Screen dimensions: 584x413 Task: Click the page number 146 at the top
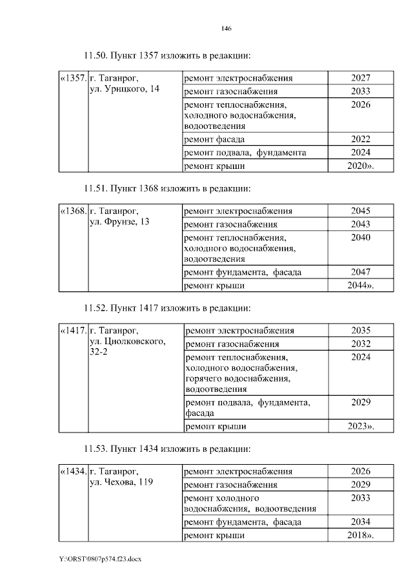(226, 28)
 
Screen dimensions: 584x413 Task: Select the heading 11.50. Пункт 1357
(167, 55)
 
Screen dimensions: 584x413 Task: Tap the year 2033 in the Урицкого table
(361, 91)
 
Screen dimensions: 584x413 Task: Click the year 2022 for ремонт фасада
(361, 139)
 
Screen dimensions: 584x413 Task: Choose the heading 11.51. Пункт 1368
(167, 188)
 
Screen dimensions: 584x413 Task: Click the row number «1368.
(72, 211)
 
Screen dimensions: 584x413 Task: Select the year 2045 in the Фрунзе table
(361, 211)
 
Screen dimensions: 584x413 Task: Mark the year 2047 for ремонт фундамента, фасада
(361, 272)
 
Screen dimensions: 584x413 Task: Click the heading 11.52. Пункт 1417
(167, 307)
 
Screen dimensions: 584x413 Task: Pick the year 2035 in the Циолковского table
(361, 331)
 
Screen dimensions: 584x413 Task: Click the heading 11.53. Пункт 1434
(167, 448)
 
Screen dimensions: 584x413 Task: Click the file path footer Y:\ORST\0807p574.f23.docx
(99, 559)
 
